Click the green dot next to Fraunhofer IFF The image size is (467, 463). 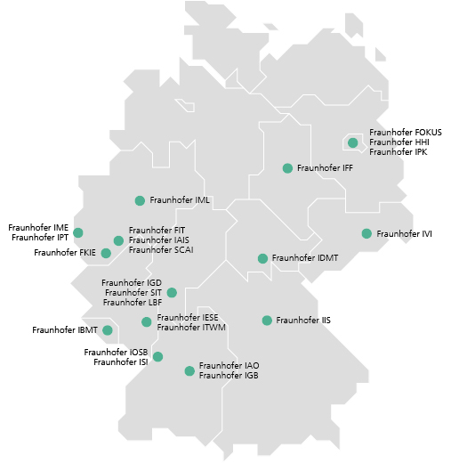coord(287,168)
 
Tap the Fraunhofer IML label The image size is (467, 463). coord(180,200)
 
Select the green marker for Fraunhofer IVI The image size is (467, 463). coord(366,234)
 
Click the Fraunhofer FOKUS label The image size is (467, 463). coord(405,133)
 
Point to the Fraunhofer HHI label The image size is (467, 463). coord(398,142)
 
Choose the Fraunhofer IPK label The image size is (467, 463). coord(398,152)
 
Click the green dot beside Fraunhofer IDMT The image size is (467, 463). coord(262,259)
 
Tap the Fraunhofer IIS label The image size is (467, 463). coord(303,321)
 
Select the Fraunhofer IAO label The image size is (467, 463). coord(229,366)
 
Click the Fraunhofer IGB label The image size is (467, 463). coord(229,376)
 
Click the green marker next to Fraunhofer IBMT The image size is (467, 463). coord(108,330)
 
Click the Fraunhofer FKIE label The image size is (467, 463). coord(64,253)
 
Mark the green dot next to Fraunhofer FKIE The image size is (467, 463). coord(106,253)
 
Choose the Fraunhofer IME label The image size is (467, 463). coord(38,228)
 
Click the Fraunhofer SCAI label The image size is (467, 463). coord(161,250)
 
